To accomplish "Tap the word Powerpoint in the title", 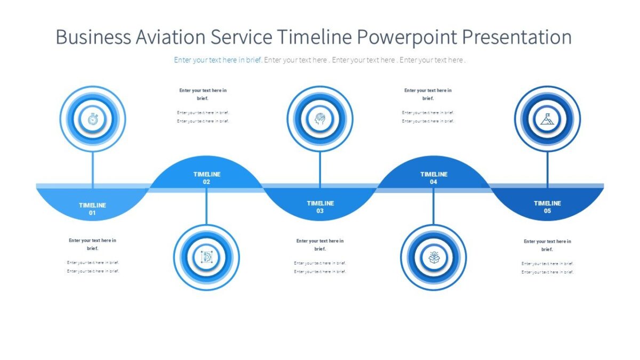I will (x=406, y=37).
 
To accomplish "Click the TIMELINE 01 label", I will (x=92, y=209).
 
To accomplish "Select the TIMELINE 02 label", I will (x=206, y=178).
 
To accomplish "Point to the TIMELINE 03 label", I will (x=320, y=207).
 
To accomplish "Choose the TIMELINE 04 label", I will (x=434, y=178).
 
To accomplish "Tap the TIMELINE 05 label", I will (x=547, y=207).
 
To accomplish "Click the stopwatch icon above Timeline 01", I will (x=93, y=119).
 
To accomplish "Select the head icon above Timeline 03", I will (x=320, y=119).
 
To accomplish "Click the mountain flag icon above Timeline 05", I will (x=547, y=119).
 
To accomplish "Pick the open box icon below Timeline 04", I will (x=434, y=258).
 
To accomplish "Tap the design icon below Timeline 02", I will (x=206, y=258).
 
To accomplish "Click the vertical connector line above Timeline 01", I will (x=93, y=168).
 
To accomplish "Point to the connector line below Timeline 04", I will (x=434, y=208).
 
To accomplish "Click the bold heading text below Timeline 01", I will (x=92, y=244).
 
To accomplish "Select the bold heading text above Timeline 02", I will (x=203, y=94).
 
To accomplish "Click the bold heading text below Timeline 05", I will (x=547, y=245).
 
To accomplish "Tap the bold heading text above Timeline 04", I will (x=428, y=94).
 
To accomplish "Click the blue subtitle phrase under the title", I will (x=218, y=60).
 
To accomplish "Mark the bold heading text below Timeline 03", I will (x=320, y=245).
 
